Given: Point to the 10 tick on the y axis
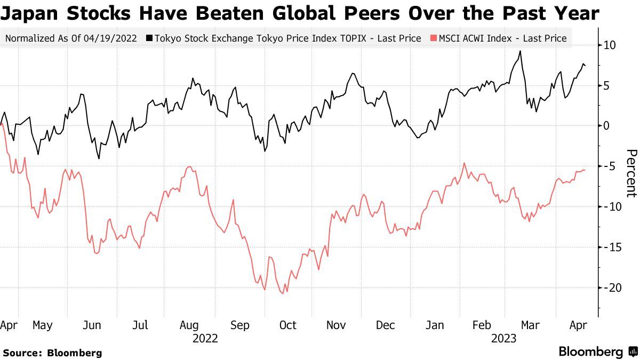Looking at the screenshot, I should coord(610,45).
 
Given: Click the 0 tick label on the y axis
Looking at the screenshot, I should coord(606,126).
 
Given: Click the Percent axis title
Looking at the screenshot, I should coord(631,173).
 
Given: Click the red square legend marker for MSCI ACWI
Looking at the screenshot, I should coord(433,38).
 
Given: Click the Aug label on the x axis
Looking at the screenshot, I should coord(189,325).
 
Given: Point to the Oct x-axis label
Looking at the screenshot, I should coord(288,325).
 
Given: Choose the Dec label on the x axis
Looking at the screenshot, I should coord(386,325).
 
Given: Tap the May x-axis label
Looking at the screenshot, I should coord(43,325).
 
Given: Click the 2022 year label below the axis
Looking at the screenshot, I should coord(205,338).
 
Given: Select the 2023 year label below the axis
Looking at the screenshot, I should coord(504,338).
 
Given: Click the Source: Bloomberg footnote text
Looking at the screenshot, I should coord(52,353).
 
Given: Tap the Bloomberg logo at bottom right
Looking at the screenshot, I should coord(597,351).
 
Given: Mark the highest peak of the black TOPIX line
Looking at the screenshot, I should coord(519,51).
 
